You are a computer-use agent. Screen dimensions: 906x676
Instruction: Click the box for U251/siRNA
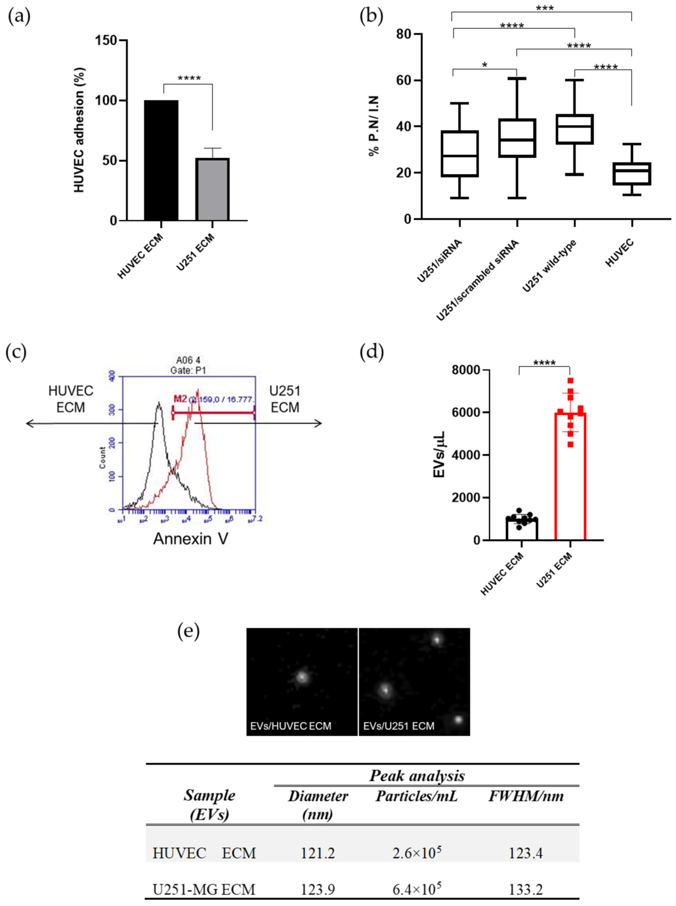(460, 154)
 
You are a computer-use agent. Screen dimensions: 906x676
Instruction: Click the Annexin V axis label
(191, 539)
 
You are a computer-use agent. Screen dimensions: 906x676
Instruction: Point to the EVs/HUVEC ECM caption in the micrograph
(291, 726)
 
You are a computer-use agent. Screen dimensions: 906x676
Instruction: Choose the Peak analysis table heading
(417, 776)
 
